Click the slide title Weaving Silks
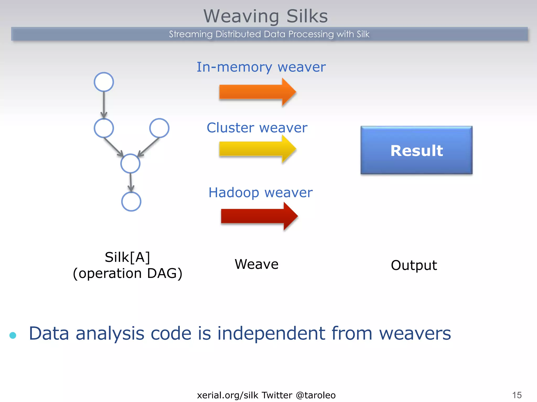(266, 16)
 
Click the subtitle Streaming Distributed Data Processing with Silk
(269, 34)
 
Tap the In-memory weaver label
(261, 67)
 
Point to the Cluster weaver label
(257, 128)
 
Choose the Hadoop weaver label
(260, 193)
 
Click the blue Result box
(416, 150)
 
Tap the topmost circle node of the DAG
(104, 82)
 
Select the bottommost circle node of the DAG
(131, 202)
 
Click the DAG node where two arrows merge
(130, 164)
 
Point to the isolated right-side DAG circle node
(159, 128)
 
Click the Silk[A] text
(127, 257)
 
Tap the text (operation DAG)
(127, 273)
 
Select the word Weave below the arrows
(256, 264)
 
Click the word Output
(414, 265)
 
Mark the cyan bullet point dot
(13, 335)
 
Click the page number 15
(517, 395)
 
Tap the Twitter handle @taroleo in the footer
(316, 395)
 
